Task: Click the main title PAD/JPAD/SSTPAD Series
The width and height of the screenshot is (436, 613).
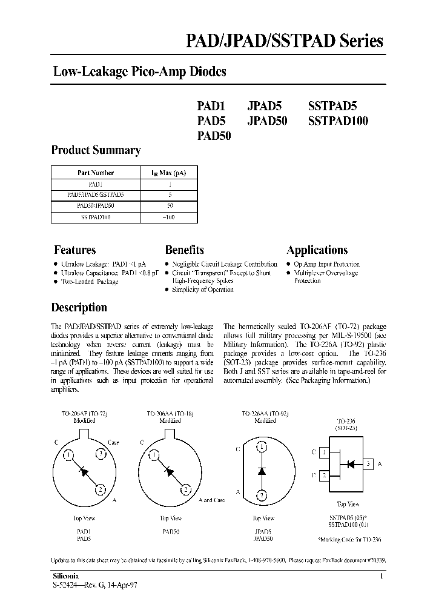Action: (x=283, y=41)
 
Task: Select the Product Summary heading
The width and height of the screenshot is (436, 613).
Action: (x=96, y=150)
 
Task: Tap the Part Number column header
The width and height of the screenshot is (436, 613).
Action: (x=95, y=173)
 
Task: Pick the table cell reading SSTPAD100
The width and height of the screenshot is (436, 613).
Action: (x=95, y=217)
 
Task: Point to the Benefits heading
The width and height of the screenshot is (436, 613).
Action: (x=184, y=250)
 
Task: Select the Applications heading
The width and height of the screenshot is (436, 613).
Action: (x=317, y=250)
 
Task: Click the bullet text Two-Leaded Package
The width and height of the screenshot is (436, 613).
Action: (x=89, y=282)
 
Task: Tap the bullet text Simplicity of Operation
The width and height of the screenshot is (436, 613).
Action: (x=202, y=290)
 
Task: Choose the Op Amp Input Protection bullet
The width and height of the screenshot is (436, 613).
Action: (x=326, y=264)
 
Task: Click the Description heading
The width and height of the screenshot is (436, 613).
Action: (x=79, y=307)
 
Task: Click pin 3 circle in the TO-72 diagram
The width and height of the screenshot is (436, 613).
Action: (x=101, y=454)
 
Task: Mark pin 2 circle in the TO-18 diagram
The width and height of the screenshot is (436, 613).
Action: (x=186, y=489)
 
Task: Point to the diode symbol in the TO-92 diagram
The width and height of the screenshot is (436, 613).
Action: (x=261, y=470)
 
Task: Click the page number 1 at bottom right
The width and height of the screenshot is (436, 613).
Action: (x=381, y=576)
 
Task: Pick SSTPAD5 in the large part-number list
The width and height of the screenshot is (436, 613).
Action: (x=337, y=104)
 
